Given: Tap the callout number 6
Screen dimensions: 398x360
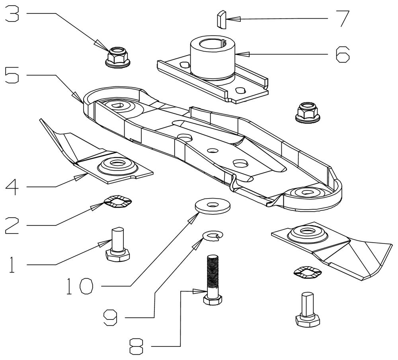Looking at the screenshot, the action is [342, 54].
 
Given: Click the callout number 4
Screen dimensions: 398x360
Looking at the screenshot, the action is [12, 186].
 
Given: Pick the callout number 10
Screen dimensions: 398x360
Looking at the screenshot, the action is [80, 286].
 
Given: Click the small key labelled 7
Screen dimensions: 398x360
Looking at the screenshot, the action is [222, 19].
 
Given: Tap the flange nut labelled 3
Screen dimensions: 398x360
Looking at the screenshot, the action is [117, 57].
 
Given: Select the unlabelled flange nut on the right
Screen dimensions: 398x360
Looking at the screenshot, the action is [308, 113].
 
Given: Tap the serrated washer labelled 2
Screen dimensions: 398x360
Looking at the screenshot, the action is [118, 201].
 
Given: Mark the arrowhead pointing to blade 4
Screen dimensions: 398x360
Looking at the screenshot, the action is [79, 177].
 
